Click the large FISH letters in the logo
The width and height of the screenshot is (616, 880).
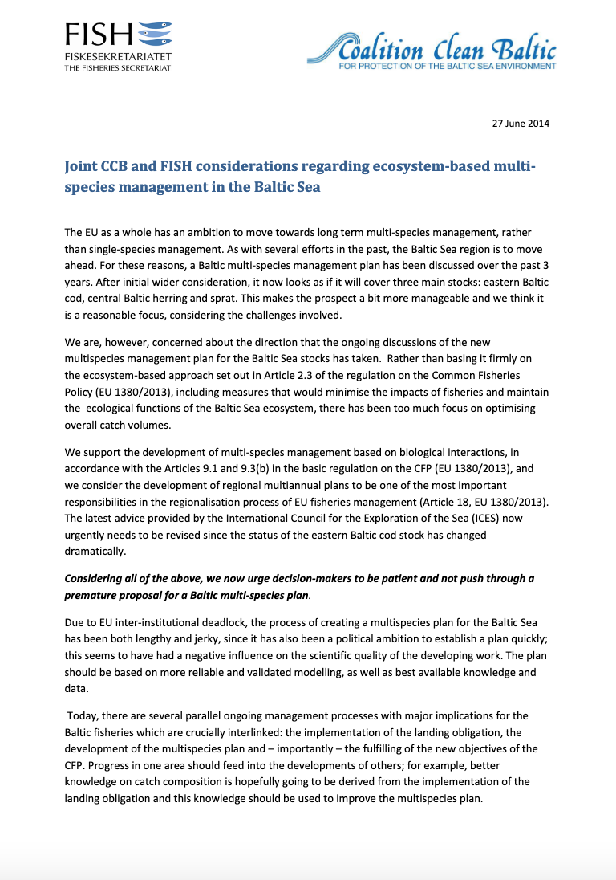tap(98, 35)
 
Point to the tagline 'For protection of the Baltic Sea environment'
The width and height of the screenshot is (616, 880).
tap(448, 66)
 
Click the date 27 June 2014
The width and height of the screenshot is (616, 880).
tap(521, 123)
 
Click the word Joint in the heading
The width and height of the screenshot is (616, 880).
tap(82, 166)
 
